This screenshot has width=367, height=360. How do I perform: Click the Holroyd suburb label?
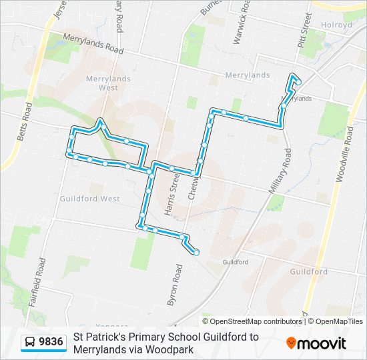(336, 25)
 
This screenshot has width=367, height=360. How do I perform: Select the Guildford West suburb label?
(89, 199)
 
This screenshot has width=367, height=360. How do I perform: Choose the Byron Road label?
(174, 284)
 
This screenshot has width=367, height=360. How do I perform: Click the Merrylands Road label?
(93, 45)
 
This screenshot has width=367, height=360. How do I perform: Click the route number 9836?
(51, 342)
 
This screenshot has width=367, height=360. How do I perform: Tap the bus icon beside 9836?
(30, 343)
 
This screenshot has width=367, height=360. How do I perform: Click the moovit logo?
(316, 343)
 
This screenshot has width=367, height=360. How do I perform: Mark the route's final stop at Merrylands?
(298, 82)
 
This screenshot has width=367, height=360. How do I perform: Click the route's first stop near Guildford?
(196, 252)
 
